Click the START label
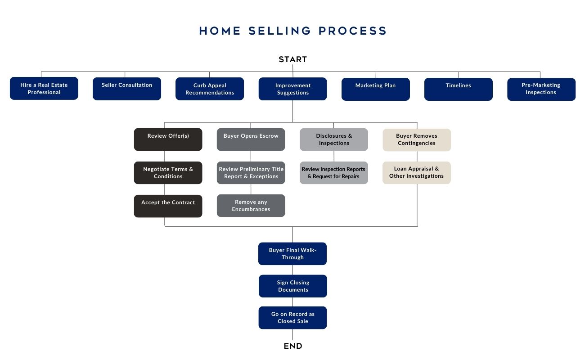(293, 59)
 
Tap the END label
(293, 346)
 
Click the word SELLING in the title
(279, 31)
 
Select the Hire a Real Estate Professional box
(44, 88)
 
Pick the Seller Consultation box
(127, 89)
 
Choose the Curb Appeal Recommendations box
(210, 89)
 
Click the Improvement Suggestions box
(293, 89)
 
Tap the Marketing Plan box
(376, 89)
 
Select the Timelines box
(459, 89)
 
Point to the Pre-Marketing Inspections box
(541, 89)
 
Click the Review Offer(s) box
(168, 139)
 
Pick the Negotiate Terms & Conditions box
(168, 173)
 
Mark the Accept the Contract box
(168, 206)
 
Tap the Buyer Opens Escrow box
(251, 139)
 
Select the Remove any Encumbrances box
(251, 206)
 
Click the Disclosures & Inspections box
(334, 139)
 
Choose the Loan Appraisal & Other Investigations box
(417, 173)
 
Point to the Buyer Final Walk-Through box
(292, 254)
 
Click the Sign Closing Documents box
(293, 286)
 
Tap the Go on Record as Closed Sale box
(292, 318)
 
